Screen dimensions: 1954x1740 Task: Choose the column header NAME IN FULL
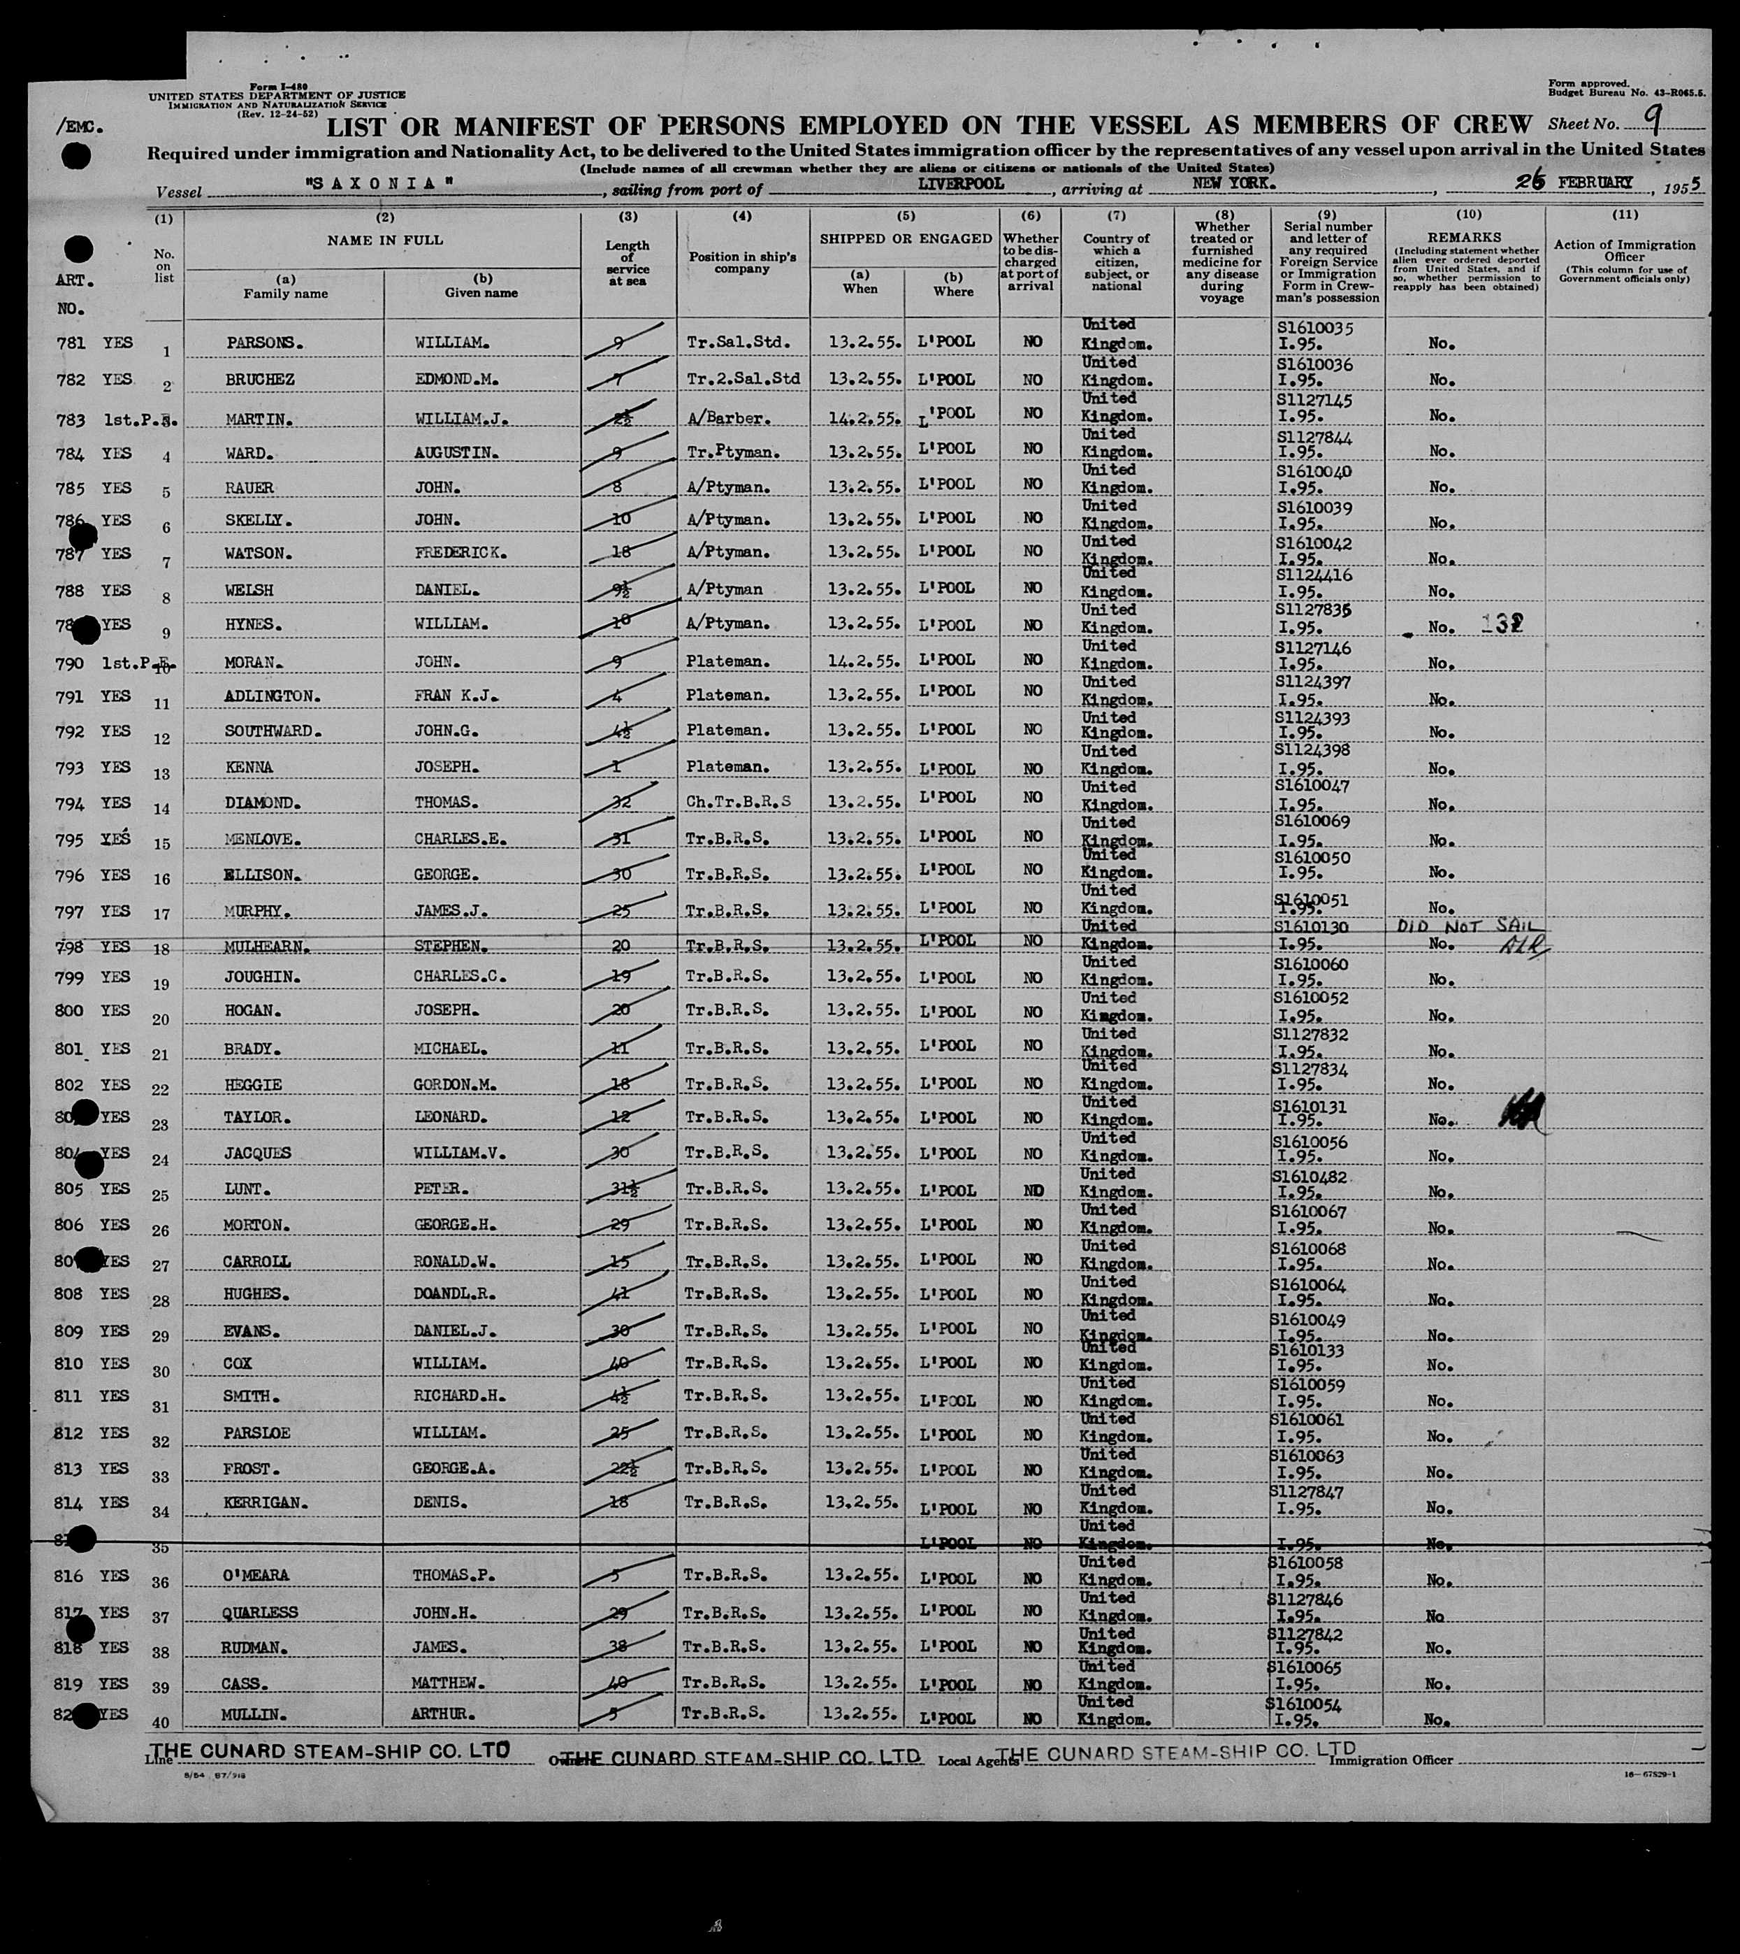point(384,240)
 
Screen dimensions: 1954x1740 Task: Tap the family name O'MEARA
point(257,1574)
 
